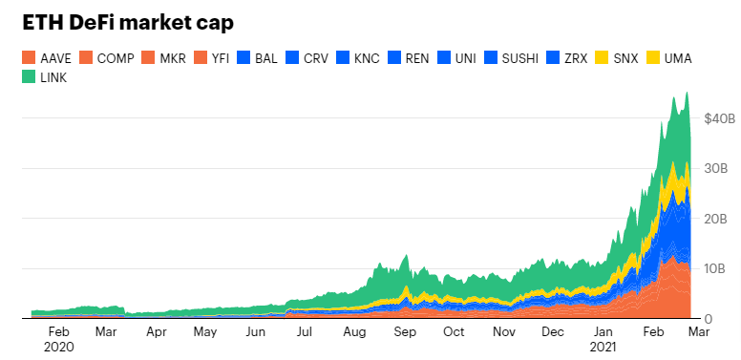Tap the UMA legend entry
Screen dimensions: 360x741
[x=676, y=58]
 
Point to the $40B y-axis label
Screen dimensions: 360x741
[x=719, y=119]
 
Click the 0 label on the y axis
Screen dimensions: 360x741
[x=708, y=318]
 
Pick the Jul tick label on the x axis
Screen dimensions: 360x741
[x=305, y=332]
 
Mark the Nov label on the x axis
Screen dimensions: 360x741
[x=503, y=332]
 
